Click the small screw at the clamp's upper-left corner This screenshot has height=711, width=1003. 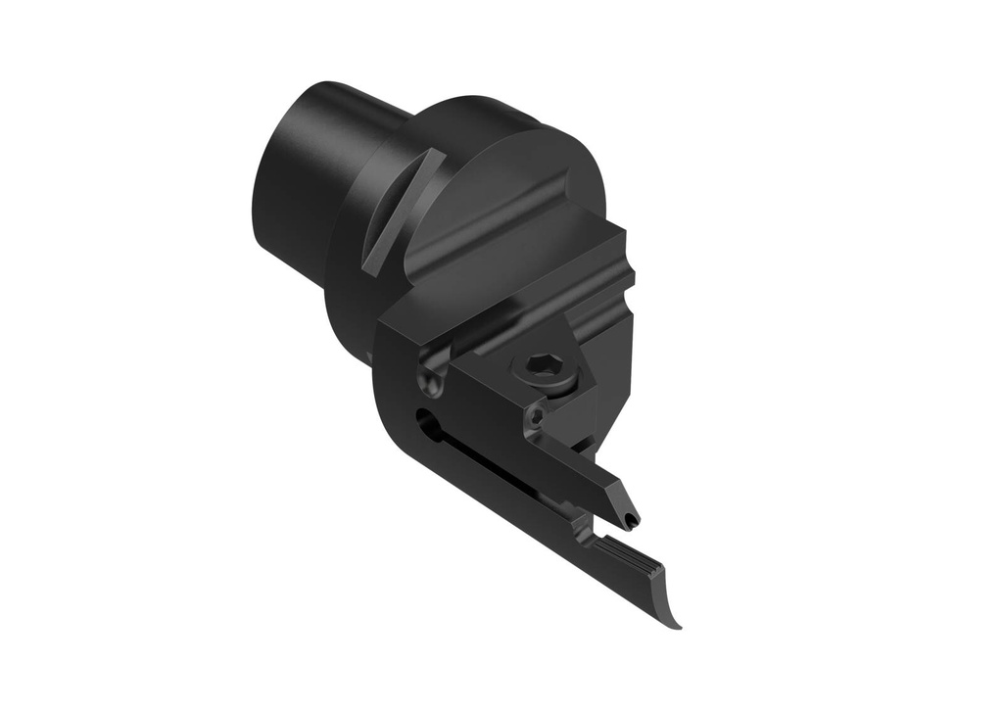click(429, 378)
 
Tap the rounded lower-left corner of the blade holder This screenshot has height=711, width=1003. click(397, 411)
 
